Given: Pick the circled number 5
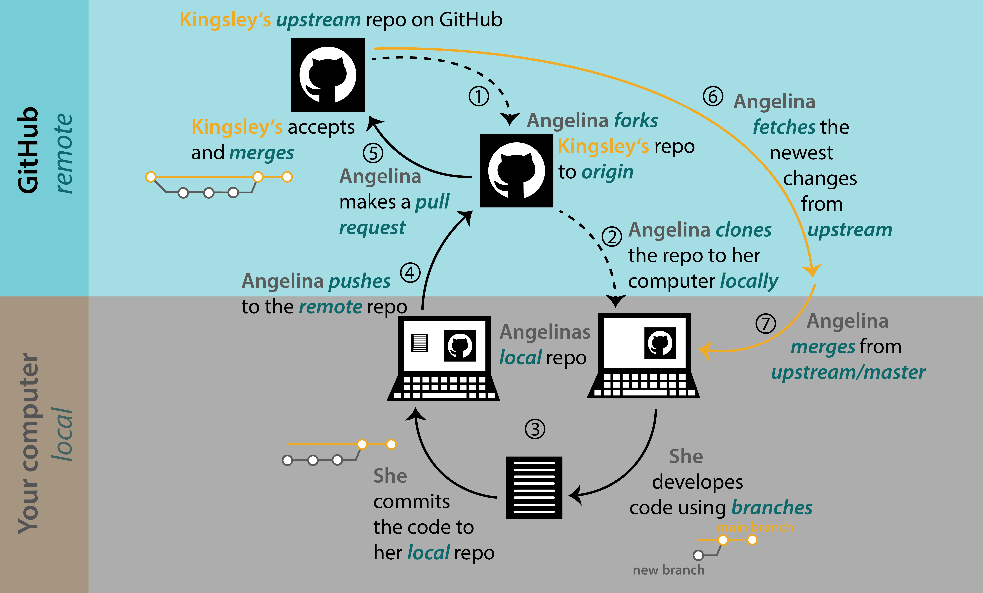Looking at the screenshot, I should coord(373,153).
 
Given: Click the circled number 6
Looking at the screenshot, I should coord(713,96).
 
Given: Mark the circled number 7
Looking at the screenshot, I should coord(766,323).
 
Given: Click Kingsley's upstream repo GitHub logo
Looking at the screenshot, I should coord(328,75).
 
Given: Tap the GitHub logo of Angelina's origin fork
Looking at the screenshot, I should coord(516,171).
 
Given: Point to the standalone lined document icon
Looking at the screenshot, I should coord(534,487).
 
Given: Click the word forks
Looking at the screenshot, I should coord(636,120).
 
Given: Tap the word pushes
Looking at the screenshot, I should coord(359,281).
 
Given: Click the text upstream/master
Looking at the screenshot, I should coord(848,372).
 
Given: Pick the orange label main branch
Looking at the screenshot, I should coord(755,527).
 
